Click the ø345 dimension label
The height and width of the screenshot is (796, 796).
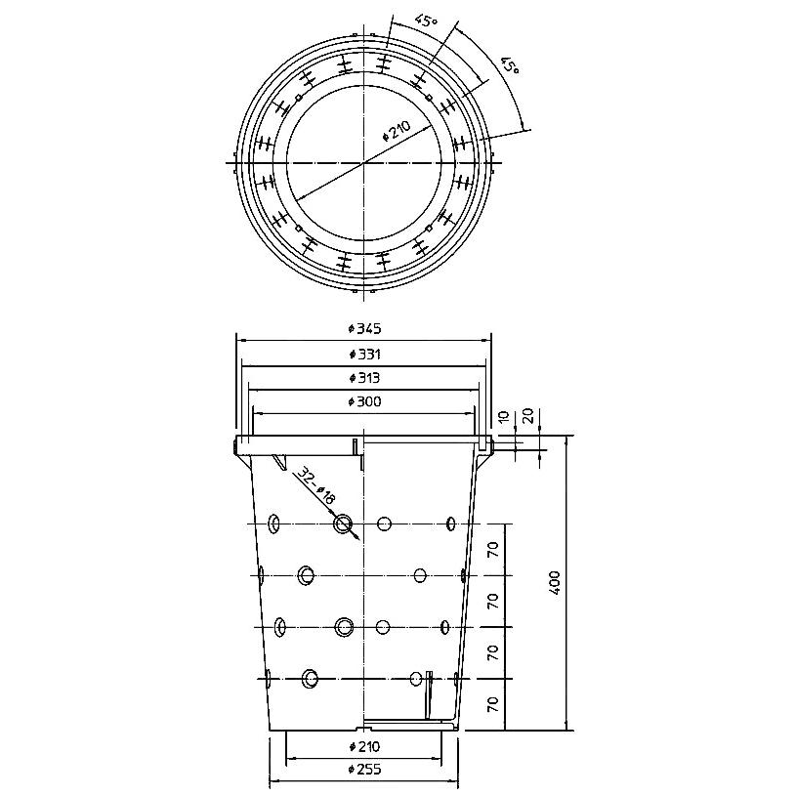tap(364, 329)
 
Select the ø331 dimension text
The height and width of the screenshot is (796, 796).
tap(364, 354)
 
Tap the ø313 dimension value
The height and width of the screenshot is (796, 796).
tap(364, 378)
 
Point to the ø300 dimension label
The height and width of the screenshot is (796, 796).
tap(364, 401)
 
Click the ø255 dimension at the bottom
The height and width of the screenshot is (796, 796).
tap(364, 769)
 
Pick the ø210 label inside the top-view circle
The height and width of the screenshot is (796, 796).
tap(396, 131)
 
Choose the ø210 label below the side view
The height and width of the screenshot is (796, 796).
tap(364, 746)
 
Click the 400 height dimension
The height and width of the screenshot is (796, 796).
tap(555, 583)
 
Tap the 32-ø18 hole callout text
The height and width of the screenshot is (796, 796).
tap(316, 485)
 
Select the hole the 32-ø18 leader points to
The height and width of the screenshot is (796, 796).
tap(343, 524)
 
